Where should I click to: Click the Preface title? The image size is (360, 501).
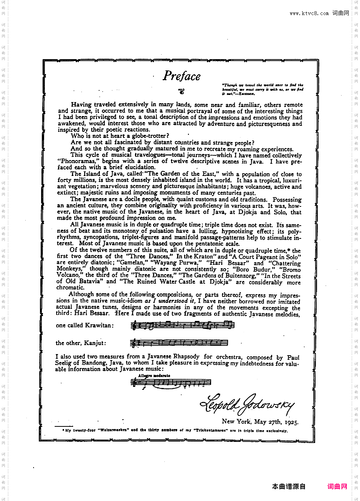tap(182, 76)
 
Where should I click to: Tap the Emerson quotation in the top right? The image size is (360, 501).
tap(262, 89)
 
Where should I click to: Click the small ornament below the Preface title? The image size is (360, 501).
tap(181, 90)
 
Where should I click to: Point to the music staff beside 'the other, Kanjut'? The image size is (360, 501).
tap(179, 343)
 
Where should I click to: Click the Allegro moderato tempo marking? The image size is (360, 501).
tap(154, 376)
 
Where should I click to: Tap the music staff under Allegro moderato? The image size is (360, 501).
tap(170, 382)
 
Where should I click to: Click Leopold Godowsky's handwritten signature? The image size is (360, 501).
tap(247, 404)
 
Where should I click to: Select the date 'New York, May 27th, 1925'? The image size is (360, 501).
tap(260, 422)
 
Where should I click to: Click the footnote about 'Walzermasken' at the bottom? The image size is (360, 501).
tap(176, 430)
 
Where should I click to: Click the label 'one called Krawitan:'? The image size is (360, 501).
tap(84, 325)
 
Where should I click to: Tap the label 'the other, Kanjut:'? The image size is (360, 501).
tap(81, 343)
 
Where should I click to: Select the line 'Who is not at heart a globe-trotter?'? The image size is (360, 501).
tap(120, 136)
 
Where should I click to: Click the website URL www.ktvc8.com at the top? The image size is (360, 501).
tap(309, 13)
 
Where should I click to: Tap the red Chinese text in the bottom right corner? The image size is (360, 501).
tap(337, 486)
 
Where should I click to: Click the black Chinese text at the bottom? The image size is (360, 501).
tap(289, 486)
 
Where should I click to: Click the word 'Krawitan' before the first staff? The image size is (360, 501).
tap(98, 325)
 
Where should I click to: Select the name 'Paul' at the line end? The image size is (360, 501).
tap(293, 357)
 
